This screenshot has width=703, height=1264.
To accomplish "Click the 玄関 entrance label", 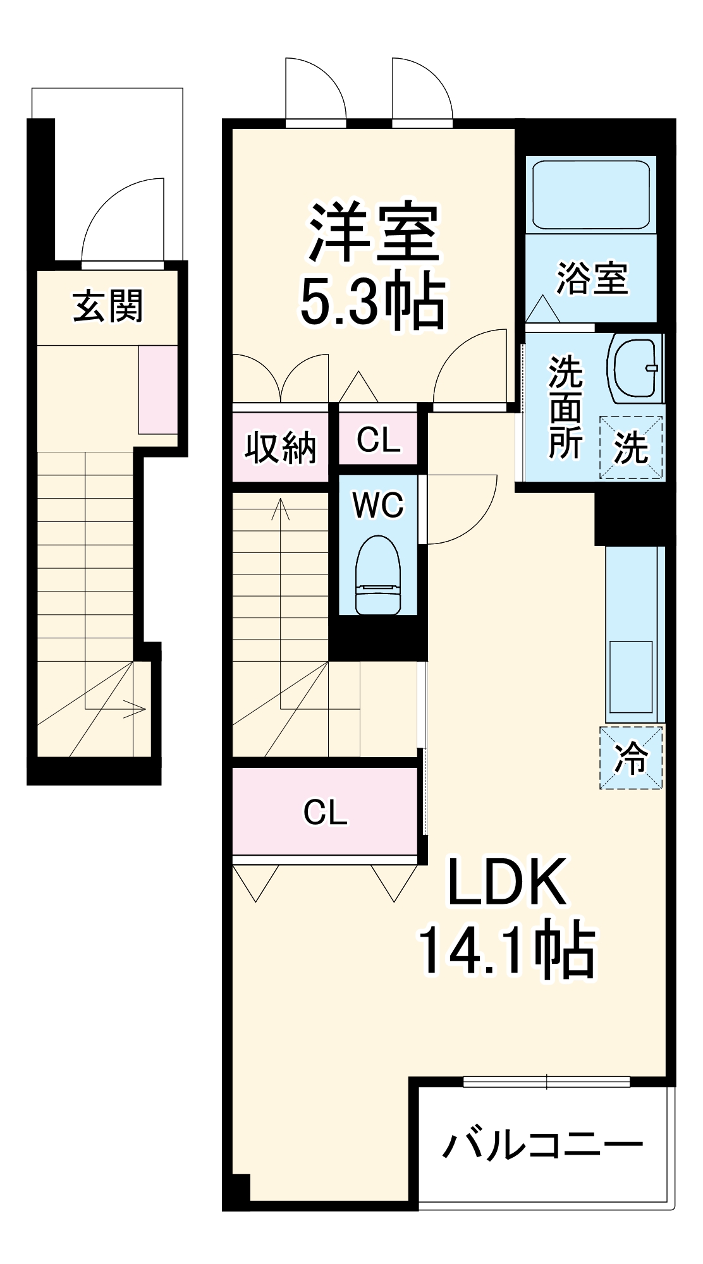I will click(x=108, y=306).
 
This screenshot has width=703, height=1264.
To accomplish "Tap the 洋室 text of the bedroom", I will click(x=373, y=232).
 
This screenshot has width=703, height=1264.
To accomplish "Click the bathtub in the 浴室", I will click(x=591, y=195).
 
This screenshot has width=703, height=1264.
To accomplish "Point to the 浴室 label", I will click(x=592, y=278).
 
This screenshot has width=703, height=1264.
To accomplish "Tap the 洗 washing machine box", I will click(x=631, y=447).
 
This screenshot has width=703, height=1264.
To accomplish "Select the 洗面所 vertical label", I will click(x=565, y=407).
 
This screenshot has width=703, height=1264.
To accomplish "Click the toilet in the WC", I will click(x=378, y=576).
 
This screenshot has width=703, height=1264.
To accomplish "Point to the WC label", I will click(x=378, y=505).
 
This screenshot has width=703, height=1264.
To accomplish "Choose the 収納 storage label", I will click(x=280, y=447).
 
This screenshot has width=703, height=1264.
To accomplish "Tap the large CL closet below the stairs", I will click(x=325, y=812).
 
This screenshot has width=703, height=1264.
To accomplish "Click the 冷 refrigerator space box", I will click(x=631, y=758).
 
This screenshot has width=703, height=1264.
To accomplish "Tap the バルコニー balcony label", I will click(x=542, y=1145).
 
